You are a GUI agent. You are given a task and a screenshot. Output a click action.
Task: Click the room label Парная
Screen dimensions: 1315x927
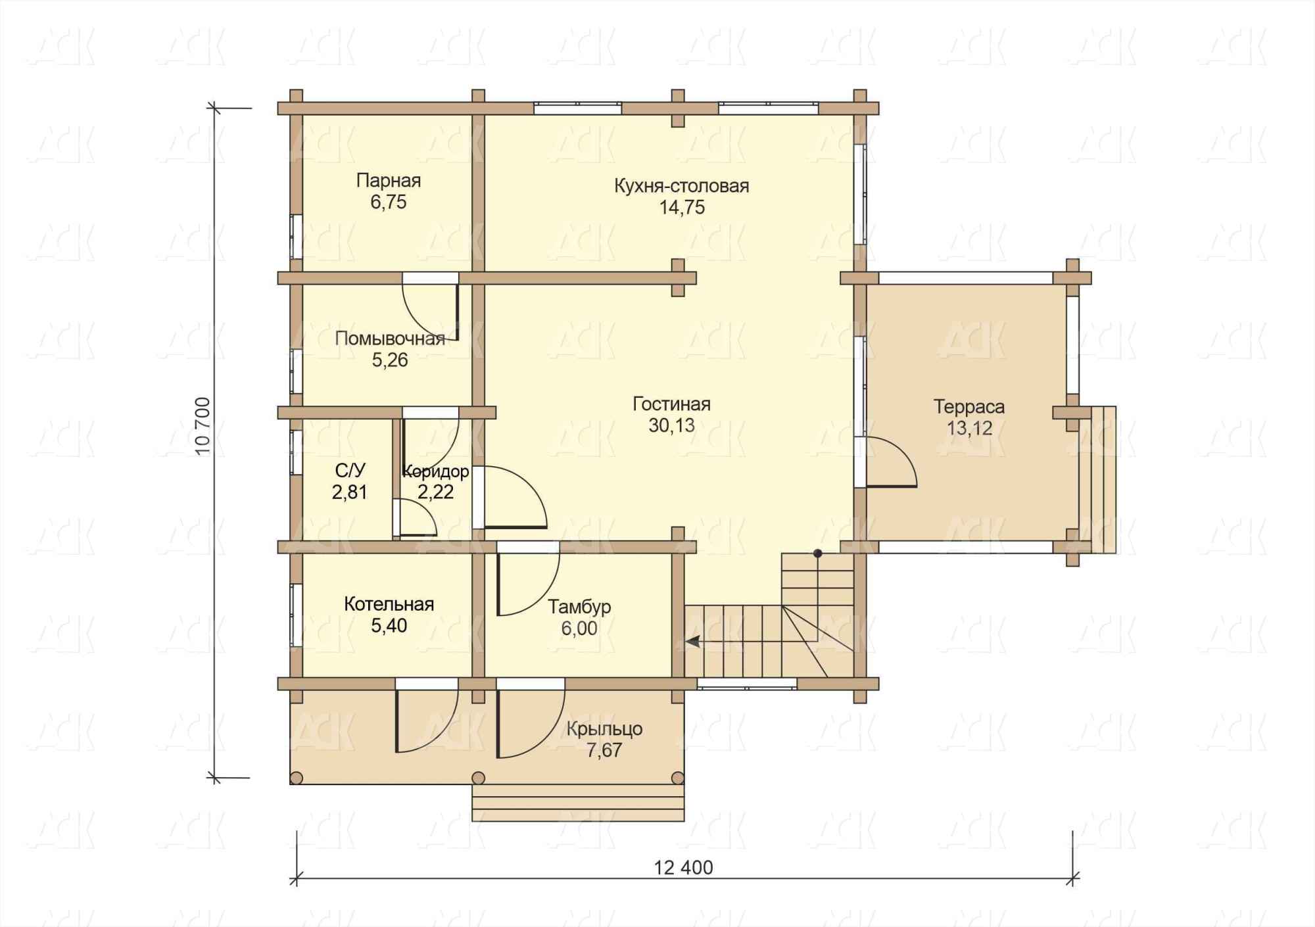pyautogui.click(x=389, y=181)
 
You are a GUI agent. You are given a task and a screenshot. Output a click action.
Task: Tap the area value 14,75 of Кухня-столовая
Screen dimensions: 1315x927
pyautogui.click(x=682, y=208)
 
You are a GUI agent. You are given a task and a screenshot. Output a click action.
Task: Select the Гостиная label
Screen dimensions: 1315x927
pyautogui.click(x=671, y=404)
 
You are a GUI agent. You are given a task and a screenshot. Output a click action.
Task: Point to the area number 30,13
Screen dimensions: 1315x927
pyautogui.click(x=671, y=426)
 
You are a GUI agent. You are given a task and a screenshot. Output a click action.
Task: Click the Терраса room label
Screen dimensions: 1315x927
pyautogui.click(x=969, y=407)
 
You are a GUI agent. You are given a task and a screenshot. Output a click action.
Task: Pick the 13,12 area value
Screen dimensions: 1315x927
pyautogui.click(x=969, y=429)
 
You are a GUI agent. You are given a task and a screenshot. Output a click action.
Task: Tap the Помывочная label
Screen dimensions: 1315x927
pyautogui.click(x=390, y=339)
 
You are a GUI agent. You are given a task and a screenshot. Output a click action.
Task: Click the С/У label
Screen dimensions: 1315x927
pyautogui.click(x=350, y=471)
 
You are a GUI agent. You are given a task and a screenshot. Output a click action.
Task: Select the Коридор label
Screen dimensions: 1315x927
pyautogui.click(x=436, y=471)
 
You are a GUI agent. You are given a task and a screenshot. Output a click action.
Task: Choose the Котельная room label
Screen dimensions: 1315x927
pyautogui.click(x=389, y=604)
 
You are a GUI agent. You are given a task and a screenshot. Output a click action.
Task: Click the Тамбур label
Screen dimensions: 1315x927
pyautogui.click(x=579, y=607)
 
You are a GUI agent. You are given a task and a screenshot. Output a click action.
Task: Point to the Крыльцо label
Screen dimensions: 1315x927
pyautogui.click(x=604, y=729)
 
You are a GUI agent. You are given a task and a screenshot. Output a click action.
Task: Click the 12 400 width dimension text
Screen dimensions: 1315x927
pyautogui.click(x=684, y=868)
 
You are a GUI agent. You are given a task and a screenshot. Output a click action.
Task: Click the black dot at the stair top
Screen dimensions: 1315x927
pyautogui.click(x=818, y=554)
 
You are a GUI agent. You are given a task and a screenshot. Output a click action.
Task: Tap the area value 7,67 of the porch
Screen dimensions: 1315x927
pyautogui.click(x=604, y=751)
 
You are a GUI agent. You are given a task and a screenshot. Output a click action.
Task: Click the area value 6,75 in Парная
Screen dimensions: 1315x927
pyautogui.click(x=389, y=202)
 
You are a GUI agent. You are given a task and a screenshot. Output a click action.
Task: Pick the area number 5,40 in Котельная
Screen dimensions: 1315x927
pyautogui.click(x=389, y=626)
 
